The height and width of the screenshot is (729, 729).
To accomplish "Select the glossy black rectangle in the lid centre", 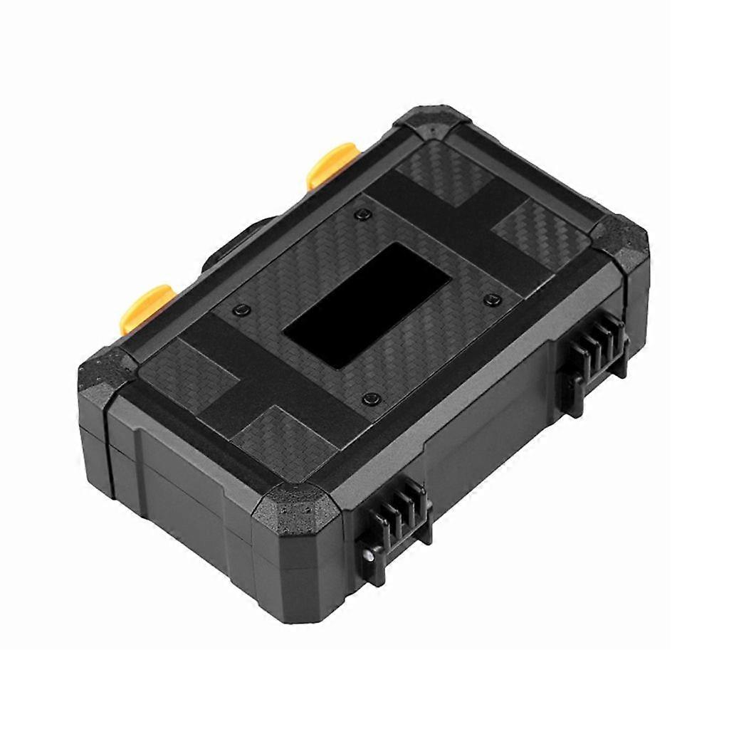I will [x=367, y=295].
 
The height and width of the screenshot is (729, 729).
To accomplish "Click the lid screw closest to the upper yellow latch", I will [x=364, y=215].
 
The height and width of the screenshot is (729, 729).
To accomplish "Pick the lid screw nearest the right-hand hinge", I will [x=491, y=300].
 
